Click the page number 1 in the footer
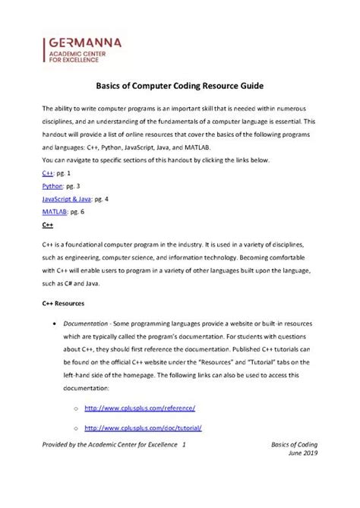coord(184,443)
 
